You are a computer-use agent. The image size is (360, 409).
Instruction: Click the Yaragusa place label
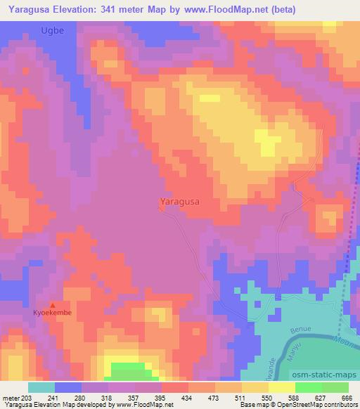click(x=179, y=202)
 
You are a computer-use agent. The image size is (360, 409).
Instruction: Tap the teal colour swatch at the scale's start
click(x=41, y=387)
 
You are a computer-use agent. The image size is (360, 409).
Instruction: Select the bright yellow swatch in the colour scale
click(x=281, y=387)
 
